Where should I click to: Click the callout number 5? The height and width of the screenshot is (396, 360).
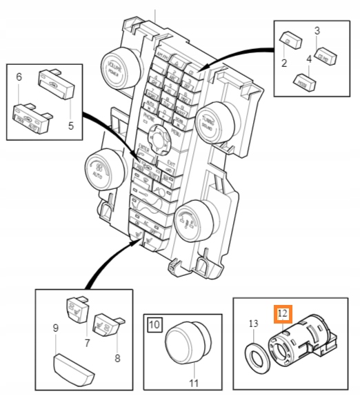click(70, 126)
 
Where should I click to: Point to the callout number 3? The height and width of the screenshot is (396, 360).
click(317, 30)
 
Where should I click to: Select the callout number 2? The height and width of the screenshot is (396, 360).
click(283, 63)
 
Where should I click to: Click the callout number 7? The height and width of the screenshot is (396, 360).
click(88, 343)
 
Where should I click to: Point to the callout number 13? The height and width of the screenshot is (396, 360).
click(252, 323)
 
